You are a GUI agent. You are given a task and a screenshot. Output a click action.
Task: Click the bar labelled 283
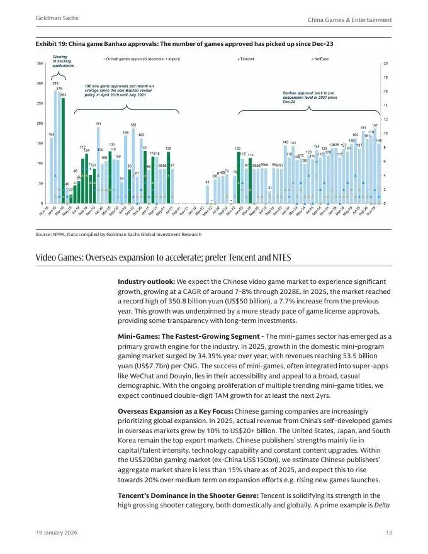click(x=55, y=145)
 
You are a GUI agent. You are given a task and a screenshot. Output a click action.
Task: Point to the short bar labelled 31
click(x=270, y=197)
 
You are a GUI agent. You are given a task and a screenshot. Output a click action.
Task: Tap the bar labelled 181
click(x=363, y=167)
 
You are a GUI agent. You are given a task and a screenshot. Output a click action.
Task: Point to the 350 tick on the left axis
click(x=39, y=64)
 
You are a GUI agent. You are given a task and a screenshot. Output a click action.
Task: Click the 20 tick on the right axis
click(x=385, y=64)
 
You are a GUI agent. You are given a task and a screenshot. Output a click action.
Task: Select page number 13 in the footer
click(x=388, y=533)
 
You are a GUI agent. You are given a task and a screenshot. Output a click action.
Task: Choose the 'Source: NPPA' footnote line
click(x=119, y=234)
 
